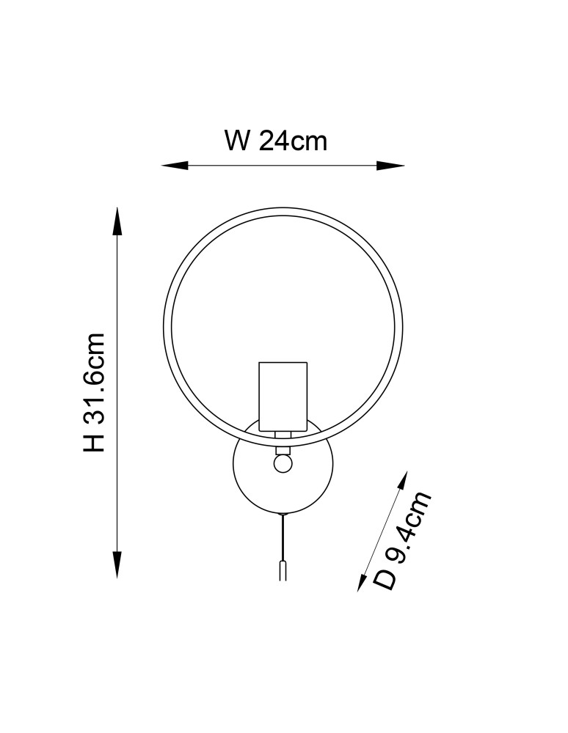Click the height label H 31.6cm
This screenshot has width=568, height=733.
coord(94,393)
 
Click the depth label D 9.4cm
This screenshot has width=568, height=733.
coord(401,540)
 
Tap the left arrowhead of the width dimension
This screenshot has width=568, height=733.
coord(175,166)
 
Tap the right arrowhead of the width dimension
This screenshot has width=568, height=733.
coord(390,166)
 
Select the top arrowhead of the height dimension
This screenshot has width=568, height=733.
coord(117,221)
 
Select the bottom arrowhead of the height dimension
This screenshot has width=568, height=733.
coord(117,564)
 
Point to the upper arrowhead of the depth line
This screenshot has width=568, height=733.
coord(401,482)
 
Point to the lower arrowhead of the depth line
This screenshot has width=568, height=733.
coord(363,581)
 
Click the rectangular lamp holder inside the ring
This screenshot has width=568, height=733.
coord(283,397)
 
